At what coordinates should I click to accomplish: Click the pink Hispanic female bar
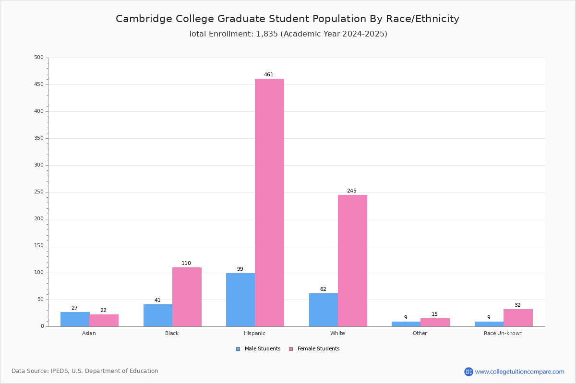(x=269, y=202)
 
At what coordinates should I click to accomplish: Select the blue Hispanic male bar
(x=240, y=300)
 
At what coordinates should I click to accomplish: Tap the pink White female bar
(x=352, y=260)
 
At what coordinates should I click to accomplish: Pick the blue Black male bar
(x=158, y=315)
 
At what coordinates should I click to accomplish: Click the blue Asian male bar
(x=75, y=319)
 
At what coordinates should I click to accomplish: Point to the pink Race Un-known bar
(x=518, y=318)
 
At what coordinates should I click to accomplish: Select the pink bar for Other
(x=435, y=322)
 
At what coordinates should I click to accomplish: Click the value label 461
(x=269, y=75)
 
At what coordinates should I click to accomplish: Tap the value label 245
(x=352, y=191)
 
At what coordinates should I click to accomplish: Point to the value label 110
(x=186, y=264)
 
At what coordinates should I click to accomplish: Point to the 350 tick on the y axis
(x=38, y=138)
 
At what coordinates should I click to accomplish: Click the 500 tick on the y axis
(x=38, y=58)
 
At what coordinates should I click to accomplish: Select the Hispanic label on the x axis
(x=254, y=333)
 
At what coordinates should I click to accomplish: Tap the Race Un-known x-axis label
(x=503, y=333)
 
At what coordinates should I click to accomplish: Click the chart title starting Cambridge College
(x=288, y=19)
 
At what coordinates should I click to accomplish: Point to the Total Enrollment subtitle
(x=288, y=34)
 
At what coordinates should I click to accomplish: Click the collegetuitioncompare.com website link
(x=519, y=372)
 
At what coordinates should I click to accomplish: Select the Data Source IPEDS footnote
(x=85, y=371)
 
